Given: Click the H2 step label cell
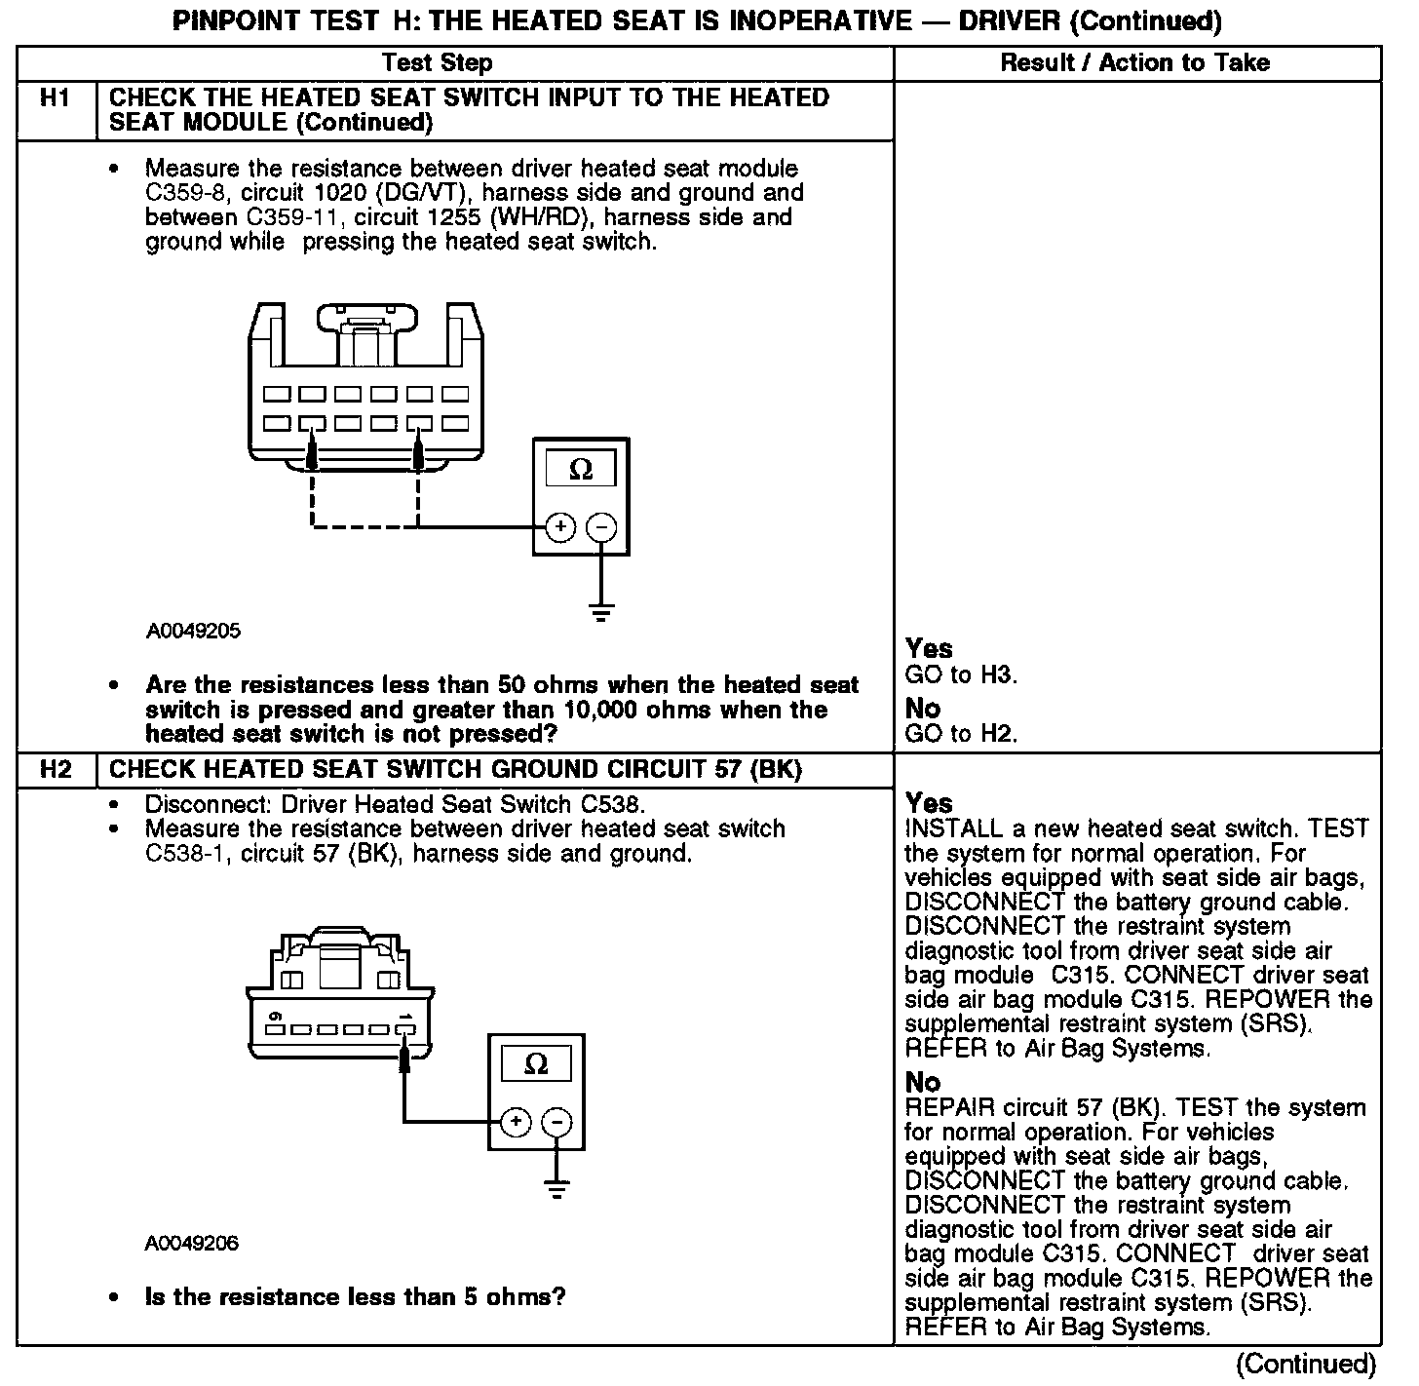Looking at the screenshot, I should [x=56, y=770].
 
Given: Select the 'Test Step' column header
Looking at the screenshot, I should [x=437, y=63].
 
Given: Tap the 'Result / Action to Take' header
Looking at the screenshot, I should [x=1135, y=63].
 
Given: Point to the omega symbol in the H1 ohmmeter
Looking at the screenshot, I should [x=581, y=471].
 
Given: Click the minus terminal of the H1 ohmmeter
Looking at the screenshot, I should [x=602, y=527].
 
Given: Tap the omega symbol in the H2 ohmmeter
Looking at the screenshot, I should [x=536, y=1064].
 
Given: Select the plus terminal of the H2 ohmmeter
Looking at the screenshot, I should [x=516, y=1122].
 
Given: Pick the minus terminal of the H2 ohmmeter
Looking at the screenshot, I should [x=557, y=1122].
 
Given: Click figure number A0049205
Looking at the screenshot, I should [x=194, y=631].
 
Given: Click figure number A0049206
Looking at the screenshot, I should [x=192, y=1244].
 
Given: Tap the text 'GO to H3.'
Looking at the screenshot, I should [x=961, y=674].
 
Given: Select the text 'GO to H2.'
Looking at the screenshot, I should [x=961, y=734].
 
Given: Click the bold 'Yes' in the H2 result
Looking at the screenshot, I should [x=929, y=803].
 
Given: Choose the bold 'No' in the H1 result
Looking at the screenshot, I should [x=923, y=708].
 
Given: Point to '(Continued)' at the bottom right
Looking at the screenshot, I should [x=1305, y=1364].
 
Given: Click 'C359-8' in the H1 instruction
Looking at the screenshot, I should [x=178, y=193].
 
